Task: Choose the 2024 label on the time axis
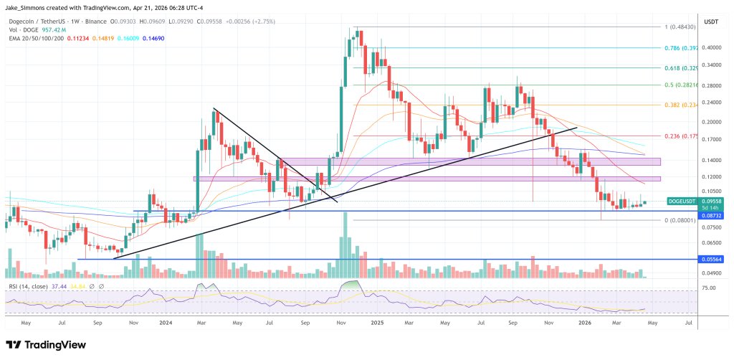(166, 323)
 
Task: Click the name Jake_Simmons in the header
(29, 8)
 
